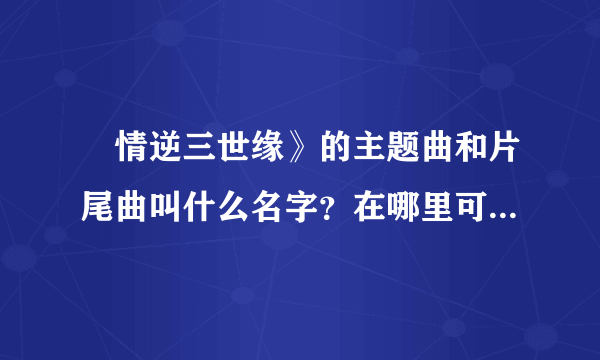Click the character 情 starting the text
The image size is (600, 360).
click(131, 147)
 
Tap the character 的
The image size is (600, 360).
click(336, 147)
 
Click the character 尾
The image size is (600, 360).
click(97, 207)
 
